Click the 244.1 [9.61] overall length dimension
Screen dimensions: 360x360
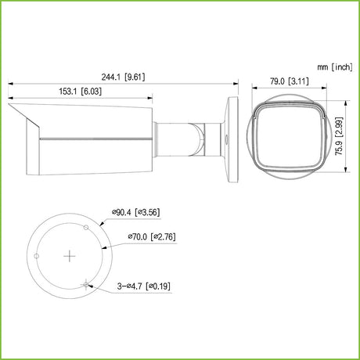click(123, 77)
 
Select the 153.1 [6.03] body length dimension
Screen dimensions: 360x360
click(81, 92)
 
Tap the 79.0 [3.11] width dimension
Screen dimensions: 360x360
click(290, 81)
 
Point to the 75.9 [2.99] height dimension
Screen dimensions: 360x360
click(339, 136)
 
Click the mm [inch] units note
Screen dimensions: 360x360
click(335, 67)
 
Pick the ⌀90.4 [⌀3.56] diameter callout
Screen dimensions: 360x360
click(135, 212)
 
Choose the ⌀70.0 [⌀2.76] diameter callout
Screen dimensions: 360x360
click(152, 237)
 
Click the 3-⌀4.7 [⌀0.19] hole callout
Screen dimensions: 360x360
click(144, 286)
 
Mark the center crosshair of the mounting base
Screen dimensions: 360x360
click(70, 256)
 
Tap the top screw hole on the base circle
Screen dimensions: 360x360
click(86, 228)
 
